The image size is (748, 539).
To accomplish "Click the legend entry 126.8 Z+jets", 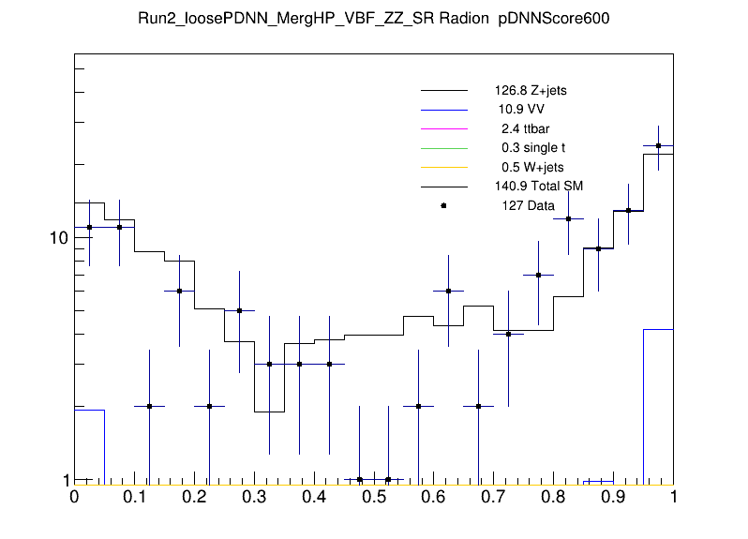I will pos(531,92).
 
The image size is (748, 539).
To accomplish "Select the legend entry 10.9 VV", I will pos(521,110).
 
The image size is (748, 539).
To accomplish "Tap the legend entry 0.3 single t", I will pos(533,148).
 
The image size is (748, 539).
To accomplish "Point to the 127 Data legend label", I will pos(529,205).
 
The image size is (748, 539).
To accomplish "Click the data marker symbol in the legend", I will pos(443,205).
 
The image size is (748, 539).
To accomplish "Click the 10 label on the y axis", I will pos(58,238).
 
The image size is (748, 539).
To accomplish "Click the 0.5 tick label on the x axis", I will pos(373,498).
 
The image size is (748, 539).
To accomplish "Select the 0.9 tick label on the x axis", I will pos(613,498).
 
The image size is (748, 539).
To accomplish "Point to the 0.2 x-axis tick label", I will pos(194,498).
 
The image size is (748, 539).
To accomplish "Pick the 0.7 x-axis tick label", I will pos(493,498).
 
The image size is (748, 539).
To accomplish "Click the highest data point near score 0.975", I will pos(658,145).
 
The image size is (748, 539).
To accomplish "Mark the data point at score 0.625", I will pos(448,291).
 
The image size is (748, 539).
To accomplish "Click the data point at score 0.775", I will pos(538,275).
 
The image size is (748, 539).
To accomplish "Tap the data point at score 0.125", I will pos(149,406).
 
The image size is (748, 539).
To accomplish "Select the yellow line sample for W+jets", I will pos(443,167).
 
